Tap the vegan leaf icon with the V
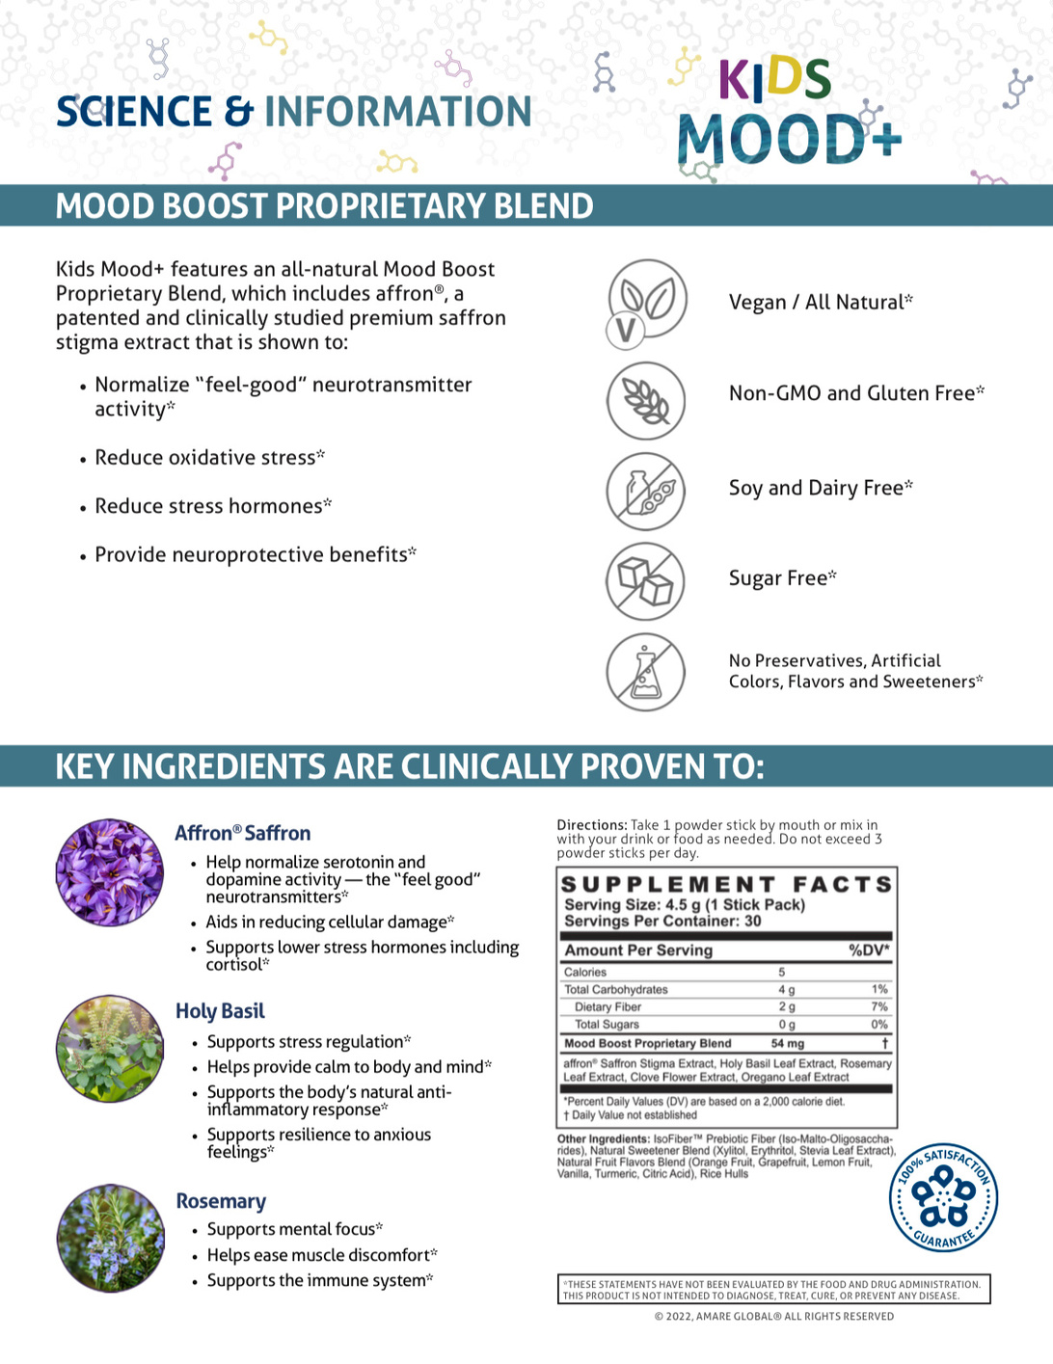point(646,302)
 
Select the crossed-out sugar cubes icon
point(645,581)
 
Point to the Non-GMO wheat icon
point(645,400)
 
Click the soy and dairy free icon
point(645,491)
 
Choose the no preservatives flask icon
point(645,672)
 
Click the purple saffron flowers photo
point(109,872)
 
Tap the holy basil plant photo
point(109,1049)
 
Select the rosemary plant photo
point(109,1238)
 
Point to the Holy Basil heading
point(220,1011)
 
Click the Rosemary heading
point(221,1201)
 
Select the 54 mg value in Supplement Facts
point(787,1043)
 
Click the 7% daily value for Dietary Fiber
point(878,1006)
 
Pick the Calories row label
point(585,972)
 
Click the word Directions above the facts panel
point(591,825)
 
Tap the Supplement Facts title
point(727,884)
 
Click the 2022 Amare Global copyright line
point(773,1316)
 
